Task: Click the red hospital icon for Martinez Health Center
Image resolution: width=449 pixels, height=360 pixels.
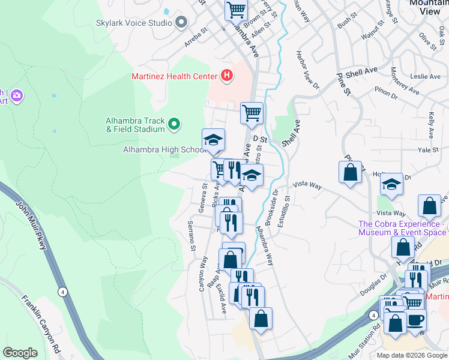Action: (x=227, y=76)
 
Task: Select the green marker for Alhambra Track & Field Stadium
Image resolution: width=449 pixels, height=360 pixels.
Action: (x=174, y=124)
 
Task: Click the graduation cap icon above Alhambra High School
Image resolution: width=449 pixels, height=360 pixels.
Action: (x=213, y=140)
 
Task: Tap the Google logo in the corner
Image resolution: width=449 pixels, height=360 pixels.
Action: (x=20, y=353)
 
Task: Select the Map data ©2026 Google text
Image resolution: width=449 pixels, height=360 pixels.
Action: (x=411, y=355)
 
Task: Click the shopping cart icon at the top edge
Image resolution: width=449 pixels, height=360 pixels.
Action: (x=237, y=9)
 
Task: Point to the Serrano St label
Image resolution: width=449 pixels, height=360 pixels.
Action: (x=191, y=236)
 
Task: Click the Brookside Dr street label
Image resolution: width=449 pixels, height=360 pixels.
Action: (x=276, y=208)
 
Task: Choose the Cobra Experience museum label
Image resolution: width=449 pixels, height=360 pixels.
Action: (x=402, y=228)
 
